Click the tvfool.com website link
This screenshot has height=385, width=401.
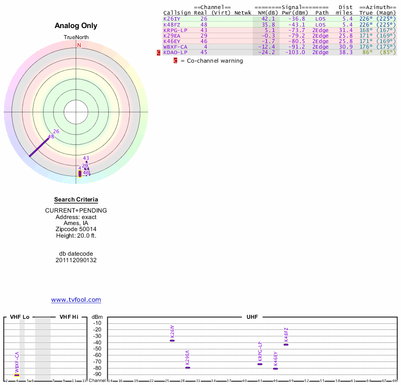[x=76, y=300]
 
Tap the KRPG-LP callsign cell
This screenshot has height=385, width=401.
[x=175, y=30]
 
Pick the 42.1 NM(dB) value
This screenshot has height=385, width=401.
[x=266, y=19]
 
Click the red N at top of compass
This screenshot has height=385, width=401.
[x=79, y=45]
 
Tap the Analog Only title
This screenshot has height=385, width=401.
[x=76, y=26]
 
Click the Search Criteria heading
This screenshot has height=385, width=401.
[x=76, y=200]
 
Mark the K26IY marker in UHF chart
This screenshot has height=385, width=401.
[x=172, y=340]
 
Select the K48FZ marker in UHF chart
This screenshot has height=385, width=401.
[x=286, y=344]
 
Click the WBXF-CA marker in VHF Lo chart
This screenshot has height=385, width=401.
[x=17, y=375]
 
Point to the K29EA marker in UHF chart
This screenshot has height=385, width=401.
[x=187, y=367]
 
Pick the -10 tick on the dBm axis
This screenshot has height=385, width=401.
[x=97, y=323]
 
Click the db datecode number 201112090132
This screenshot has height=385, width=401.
[x=76, y=260]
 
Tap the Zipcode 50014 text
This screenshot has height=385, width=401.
[x=76, y=228]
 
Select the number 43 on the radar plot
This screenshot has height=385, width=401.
[x=86, y=158]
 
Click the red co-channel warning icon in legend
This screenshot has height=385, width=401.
[x=175, y=61]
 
